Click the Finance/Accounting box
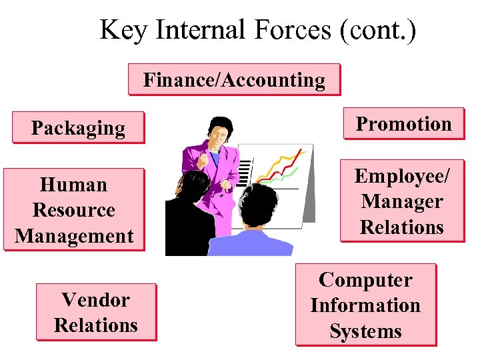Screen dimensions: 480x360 point(234,80)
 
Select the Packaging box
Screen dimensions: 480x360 point(78,127)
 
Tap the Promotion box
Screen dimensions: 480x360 point(403,123)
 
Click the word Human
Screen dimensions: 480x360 point(73,184)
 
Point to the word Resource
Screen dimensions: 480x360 point(73,209)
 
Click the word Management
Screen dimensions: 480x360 point(74,235)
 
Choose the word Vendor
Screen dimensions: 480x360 point(95,300)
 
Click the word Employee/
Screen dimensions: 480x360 point(402,176)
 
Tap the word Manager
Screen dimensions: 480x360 point(402,201)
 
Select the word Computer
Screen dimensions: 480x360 point(365,279)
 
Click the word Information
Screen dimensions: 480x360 point(365,305)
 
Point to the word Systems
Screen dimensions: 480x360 point(365,331)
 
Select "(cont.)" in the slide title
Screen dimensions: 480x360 point(378,30)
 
